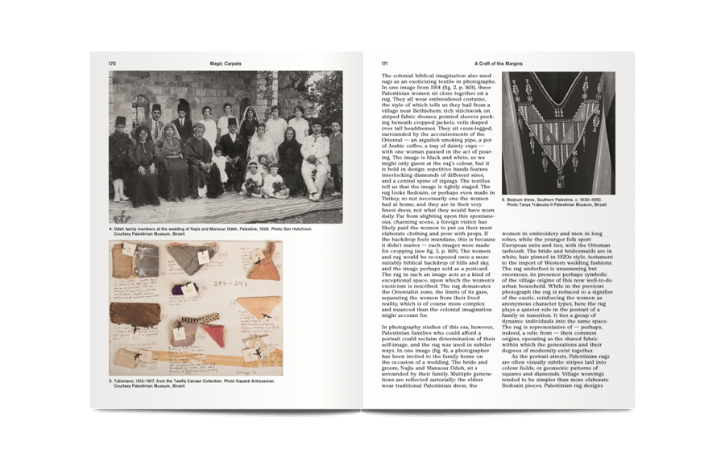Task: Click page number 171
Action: (385, 62)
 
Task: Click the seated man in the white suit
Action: (315, 158)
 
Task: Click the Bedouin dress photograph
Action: (558, 132)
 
